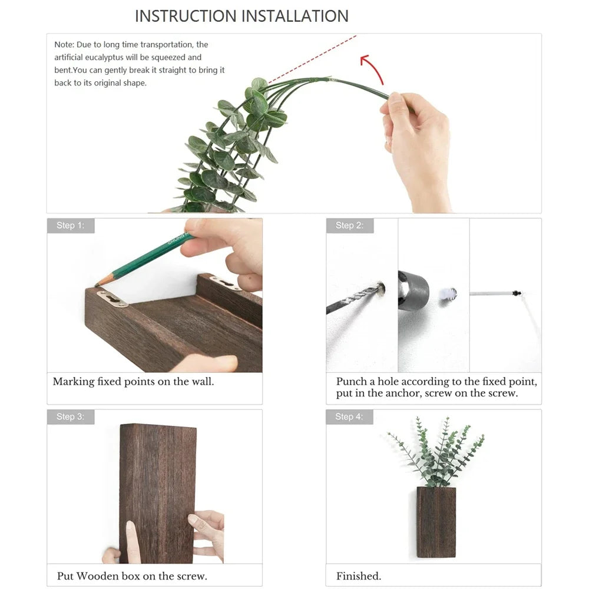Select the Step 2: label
349,226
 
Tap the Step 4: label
349,417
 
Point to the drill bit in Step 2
353,299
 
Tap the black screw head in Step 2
517,292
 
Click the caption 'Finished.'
359,576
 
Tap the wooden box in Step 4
436,522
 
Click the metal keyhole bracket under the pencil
113,299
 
